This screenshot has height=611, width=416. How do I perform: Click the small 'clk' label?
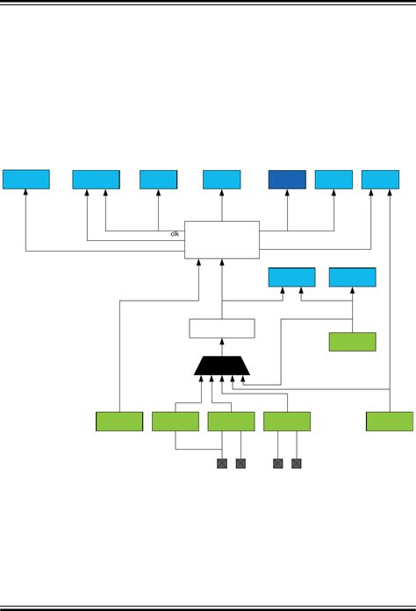(x=176, y=234)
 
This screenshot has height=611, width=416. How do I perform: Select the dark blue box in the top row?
(x=287, y=180)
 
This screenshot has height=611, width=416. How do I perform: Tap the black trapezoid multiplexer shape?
(x=221, y=366)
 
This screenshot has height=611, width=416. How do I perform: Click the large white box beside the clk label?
(x=222, y=239)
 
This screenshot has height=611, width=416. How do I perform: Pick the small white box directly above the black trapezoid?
(x=222, y=328)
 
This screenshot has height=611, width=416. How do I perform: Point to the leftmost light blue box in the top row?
(x=26, y=180)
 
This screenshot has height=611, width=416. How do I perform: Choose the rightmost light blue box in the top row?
(x=380, y=180)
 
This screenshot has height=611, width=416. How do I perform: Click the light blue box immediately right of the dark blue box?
(x=334, y=180)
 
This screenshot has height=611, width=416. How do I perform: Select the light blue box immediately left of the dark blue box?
(x=221, y=180)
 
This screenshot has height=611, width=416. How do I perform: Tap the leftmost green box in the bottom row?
(x=119, y=422)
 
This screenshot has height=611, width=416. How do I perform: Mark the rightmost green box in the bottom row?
(x=389, y=422)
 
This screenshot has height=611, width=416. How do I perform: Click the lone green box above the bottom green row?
(x=352, y=342)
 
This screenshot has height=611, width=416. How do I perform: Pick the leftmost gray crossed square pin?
(x=222, y=463)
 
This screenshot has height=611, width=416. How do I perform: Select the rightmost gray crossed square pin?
(x=297, y=463)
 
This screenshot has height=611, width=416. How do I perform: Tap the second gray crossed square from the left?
(x=240, y=463)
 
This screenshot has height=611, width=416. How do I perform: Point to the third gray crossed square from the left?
(x=278, y=463)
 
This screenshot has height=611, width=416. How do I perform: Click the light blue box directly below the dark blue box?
(x=291, y=278)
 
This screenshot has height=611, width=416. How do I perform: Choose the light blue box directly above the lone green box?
(x=352, y=278)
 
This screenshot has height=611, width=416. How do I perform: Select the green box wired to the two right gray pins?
(x=287, y=422)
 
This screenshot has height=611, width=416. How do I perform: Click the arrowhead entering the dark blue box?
(x=287, y=192)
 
